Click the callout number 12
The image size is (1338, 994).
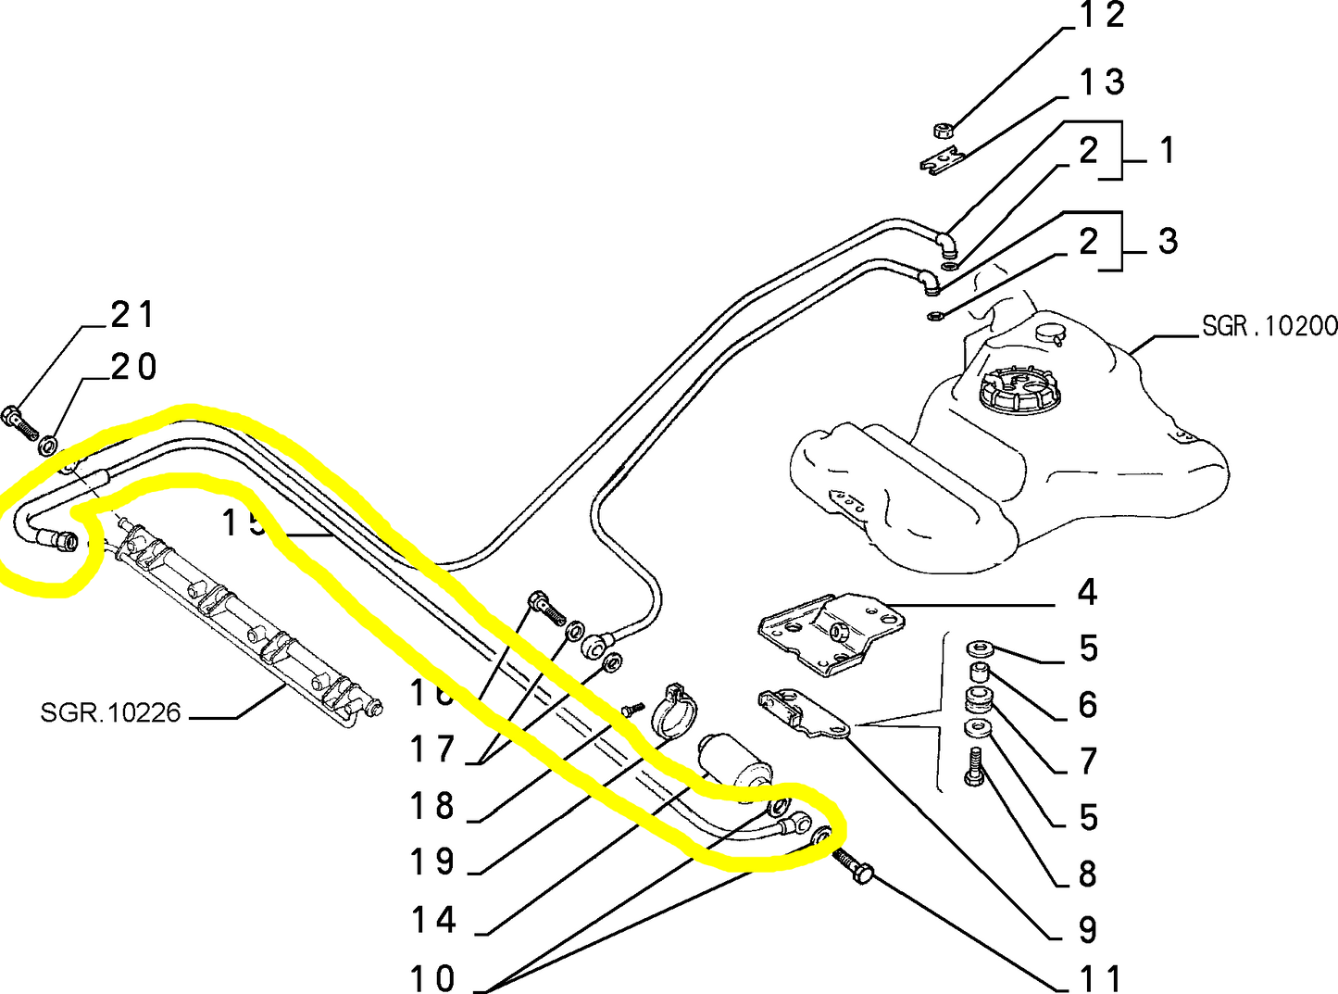tap(1102, 16)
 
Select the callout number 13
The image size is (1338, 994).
tap(1102, 83)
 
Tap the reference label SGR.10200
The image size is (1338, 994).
tap(1269, 326)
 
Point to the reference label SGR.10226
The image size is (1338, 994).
tap(110, 713)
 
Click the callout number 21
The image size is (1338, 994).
tap(132, 316)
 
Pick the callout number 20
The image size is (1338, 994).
tap(133, 368)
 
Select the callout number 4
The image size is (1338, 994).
tap(1088, 593)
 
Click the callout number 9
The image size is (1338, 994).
tap(1089, 930)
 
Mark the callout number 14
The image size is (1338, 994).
tap(433, 921)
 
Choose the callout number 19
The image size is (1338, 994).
tap(432, 863)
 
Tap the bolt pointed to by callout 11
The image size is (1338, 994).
tap(854, 867)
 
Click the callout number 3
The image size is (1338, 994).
tap(1169, 242)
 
